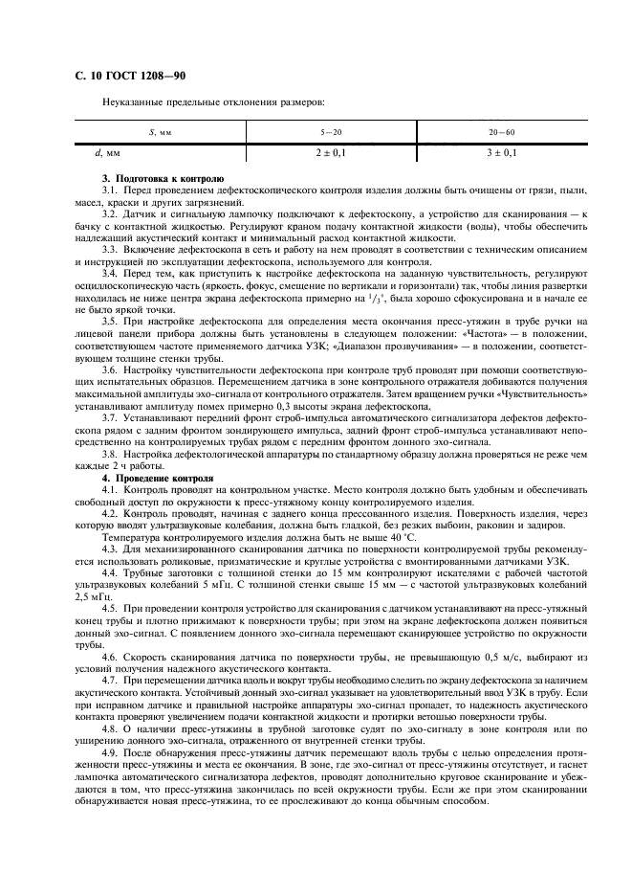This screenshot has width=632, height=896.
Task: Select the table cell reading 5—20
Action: tap(332, 132)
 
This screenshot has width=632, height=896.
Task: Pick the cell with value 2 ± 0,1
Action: tap(332, 152)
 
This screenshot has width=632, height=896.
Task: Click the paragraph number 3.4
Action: tap(111, 271)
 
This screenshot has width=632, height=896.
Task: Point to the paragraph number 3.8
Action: tap(111, 457)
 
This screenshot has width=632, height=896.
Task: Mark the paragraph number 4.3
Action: tap(111, 550)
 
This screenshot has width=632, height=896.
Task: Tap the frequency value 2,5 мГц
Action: tap(96, 596)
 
